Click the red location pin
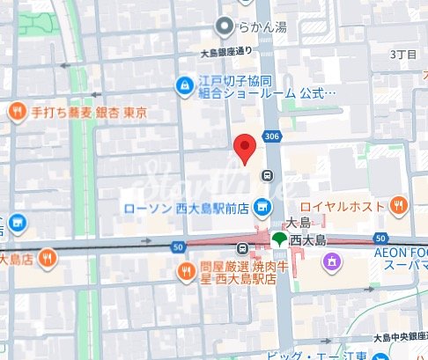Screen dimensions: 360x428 244,149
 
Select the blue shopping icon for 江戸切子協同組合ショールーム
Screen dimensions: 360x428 185,85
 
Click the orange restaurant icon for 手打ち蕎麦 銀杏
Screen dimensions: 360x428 16,112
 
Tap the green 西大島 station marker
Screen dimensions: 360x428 279,239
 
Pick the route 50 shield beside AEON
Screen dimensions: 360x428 381,239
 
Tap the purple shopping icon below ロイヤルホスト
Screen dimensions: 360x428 331,261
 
